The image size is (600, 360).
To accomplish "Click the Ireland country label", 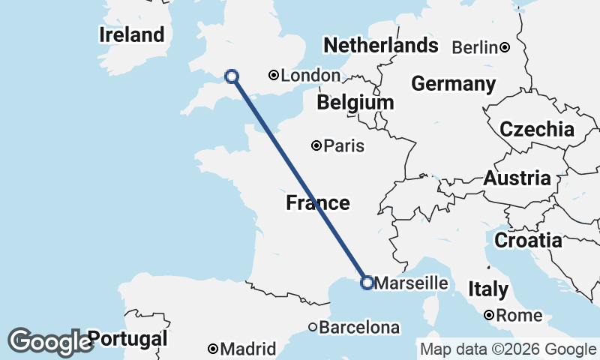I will coord(131,34).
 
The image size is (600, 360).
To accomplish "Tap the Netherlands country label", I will coord(380,45).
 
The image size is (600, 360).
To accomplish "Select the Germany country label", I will coord(453,83).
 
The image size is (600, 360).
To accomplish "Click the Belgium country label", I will coord(355,102).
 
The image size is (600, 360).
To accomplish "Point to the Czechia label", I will coord(537,129).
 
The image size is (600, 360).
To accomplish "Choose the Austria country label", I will coord(517,178).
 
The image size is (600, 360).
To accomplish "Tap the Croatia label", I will coord(528,240).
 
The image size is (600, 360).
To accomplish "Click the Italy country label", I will coord(488,289).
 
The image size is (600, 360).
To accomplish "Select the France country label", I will coord(317,202).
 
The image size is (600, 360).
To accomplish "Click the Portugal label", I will coord(127,338).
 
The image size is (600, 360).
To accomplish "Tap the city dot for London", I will coord(274,75).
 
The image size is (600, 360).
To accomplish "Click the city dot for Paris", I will coord(317,145).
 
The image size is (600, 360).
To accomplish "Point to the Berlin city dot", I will coord(505,48).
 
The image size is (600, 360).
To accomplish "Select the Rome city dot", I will coord(489,316).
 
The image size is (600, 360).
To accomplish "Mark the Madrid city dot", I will coord(213,349).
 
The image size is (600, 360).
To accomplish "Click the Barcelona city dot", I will coord(313,327).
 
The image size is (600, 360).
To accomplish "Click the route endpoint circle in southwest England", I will coord(232,76).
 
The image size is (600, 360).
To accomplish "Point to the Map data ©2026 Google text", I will coord(508,349).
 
